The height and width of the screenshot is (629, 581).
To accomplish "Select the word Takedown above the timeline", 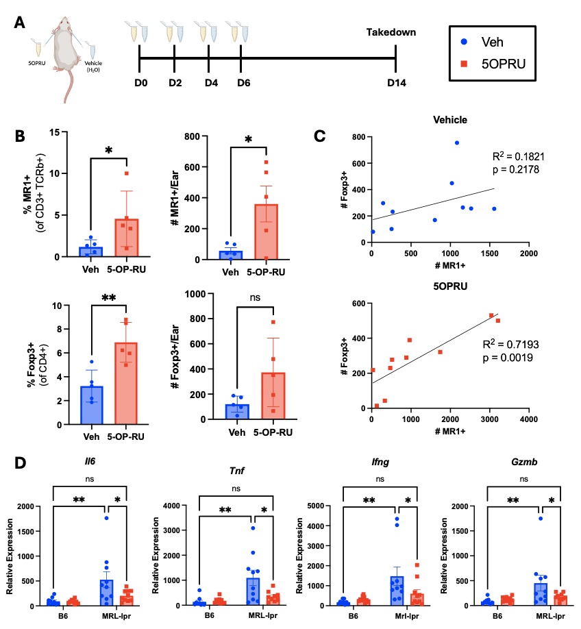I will (391, 32).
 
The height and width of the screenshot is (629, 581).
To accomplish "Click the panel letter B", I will (21, 136).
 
